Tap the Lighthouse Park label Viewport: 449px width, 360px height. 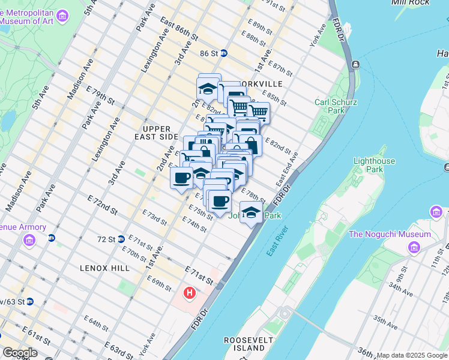(374, 165)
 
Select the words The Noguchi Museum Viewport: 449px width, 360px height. (389, 234)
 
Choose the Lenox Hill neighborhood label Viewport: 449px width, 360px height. (104, 268)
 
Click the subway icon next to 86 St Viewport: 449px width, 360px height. (223, 53)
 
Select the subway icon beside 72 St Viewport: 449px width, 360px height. (121, 239)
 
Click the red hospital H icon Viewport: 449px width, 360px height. (190, 293)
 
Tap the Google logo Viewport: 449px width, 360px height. (20, 353)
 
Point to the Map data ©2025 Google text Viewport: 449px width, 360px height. (411, 355)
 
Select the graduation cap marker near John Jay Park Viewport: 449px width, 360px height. (252, 212)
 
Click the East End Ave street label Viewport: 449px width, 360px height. (287, 171)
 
